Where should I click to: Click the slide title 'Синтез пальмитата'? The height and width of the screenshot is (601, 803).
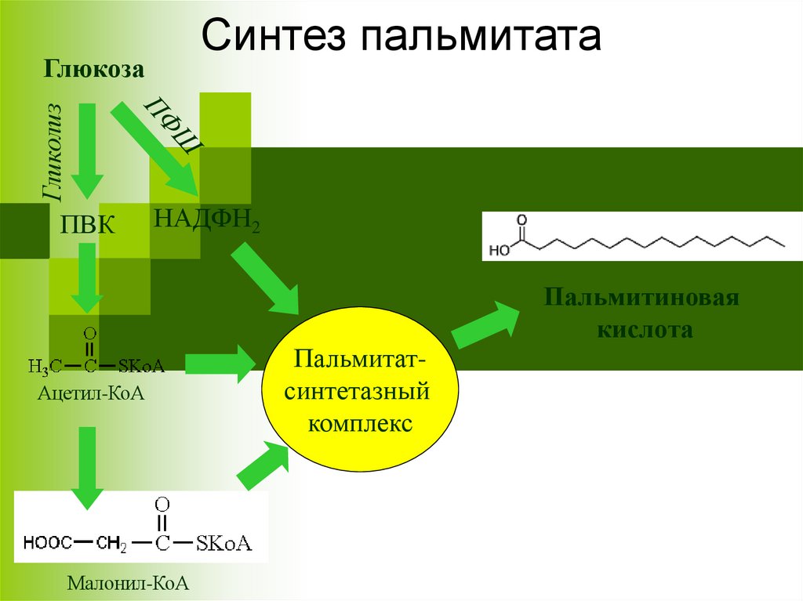(x=401, y=36)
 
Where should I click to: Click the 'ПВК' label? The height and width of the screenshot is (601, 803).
(x=88, y=226)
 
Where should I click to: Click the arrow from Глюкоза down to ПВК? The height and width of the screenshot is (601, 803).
(x=86, y=149)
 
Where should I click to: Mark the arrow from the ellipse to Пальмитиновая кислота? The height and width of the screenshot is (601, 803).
(x=487, y=324)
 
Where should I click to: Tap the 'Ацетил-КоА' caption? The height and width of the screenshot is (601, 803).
(x=93, y=392)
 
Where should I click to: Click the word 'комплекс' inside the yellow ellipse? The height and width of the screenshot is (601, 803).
(x=360, y=422)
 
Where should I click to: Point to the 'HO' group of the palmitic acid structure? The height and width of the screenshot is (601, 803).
(x=499, y=251)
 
